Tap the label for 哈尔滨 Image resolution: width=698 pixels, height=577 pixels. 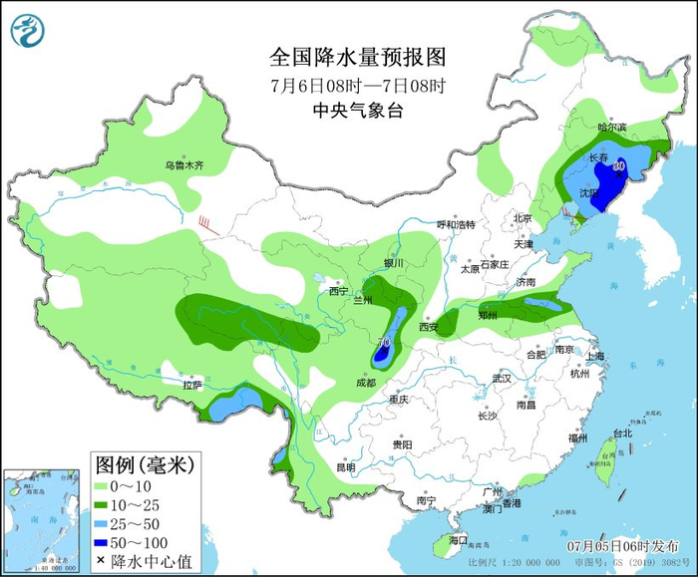tap(612, 128)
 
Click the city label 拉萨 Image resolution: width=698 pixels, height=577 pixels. tap(191, 384)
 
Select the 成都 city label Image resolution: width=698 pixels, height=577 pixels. tap(365, 383)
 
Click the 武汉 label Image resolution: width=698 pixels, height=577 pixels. tap(501, 379)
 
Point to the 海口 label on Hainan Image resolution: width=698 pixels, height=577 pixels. tap(458, 539)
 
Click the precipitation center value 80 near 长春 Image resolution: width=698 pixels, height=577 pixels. tap(619, 165)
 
